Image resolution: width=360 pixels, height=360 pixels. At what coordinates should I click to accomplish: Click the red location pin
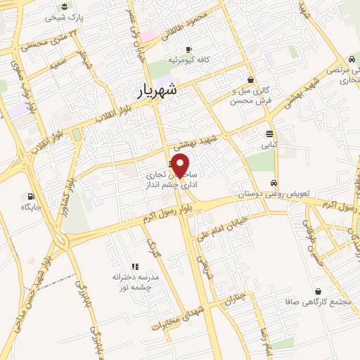tap(181, 165)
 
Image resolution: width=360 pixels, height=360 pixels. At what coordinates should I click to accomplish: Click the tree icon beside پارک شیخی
tap(62, 6)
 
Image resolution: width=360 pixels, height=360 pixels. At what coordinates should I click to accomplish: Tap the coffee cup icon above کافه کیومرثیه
tap(188, 49)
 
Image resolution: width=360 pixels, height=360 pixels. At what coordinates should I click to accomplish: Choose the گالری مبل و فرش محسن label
tap(250, 95)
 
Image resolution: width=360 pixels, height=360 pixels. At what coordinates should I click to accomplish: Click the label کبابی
tap(271, 146)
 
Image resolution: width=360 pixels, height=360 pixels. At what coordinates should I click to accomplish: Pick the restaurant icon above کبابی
tap(271, 134)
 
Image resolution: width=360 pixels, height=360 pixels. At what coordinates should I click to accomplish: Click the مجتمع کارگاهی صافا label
tap(319, 303)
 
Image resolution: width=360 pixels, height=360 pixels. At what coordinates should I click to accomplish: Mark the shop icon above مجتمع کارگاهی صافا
tap(319, 291)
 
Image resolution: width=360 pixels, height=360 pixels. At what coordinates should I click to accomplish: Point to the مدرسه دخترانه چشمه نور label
tap(135, 281)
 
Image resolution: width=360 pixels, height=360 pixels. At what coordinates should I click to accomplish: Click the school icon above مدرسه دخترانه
tap(136, 266)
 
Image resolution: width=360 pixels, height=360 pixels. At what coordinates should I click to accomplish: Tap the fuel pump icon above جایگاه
tap(31, 196)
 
